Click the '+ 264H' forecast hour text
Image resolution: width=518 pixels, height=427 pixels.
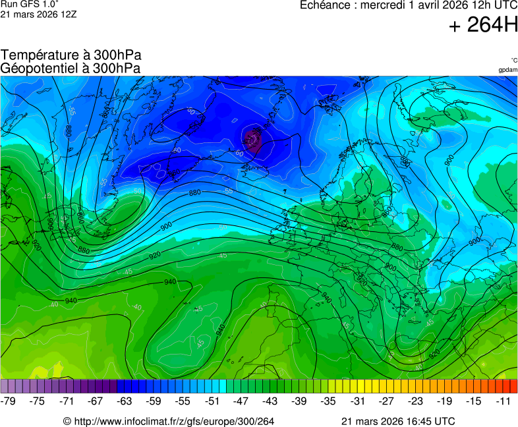point(482,26)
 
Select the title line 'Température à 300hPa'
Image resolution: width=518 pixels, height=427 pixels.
point(71,55)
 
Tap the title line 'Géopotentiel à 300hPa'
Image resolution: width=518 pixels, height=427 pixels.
point(71,68)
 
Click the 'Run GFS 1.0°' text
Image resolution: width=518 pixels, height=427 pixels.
point(30,5)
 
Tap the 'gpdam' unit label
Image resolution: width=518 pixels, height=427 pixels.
point(507,70)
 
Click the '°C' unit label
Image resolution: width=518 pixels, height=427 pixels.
point(513,60)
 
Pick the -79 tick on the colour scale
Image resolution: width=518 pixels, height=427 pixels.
point(9,401)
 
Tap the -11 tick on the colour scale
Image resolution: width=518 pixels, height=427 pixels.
point(504,401)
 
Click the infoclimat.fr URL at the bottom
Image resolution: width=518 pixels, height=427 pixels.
point(173,421)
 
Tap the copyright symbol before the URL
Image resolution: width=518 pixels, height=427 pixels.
point(67,421)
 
